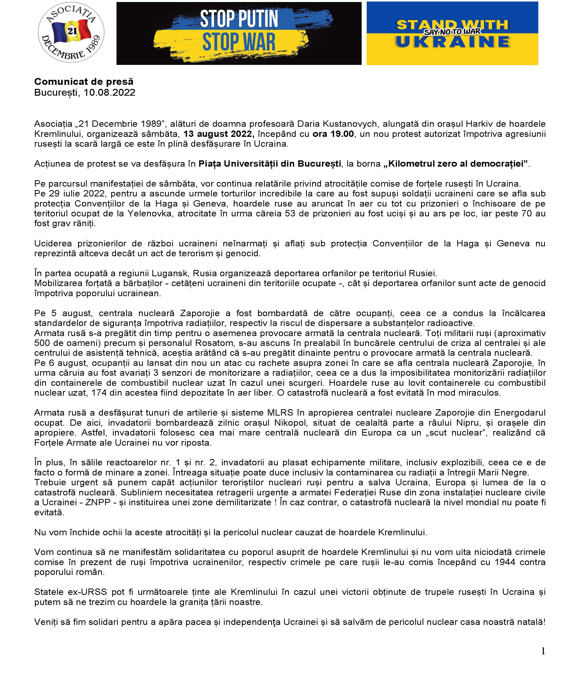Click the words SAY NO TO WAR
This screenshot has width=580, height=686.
[452, 32]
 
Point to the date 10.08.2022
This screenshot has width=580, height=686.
[109, 92]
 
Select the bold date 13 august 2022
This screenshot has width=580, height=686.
[219, 134]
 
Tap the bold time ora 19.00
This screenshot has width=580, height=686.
[333, 134]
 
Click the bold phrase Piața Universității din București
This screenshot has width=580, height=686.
[270, 164]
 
